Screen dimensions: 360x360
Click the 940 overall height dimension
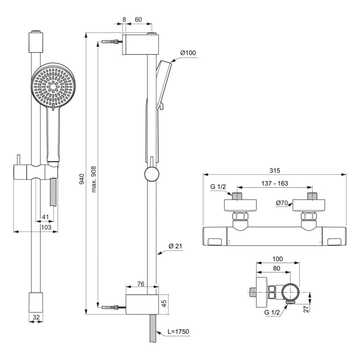81,178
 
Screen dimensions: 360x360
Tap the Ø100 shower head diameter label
189,53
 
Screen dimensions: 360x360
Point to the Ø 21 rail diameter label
175,246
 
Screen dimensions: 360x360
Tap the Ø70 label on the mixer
282,203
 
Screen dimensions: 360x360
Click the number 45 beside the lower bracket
164,303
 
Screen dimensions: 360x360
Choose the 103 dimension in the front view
46,227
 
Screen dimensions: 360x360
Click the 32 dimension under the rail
36,317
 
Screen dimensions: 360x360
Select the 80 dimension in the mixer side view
277,268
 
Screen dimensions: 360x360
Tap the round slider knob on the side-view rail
152,174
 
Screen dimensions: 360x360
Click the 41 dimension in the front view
45,217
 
